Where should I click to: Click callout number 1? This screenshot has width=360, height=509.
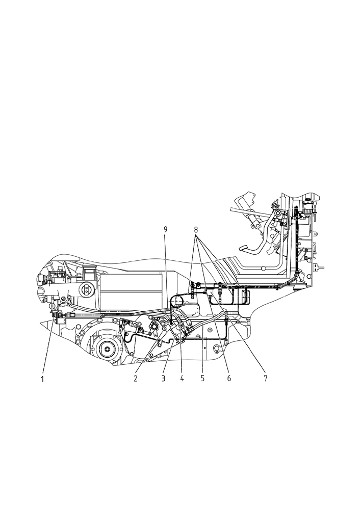coord(42,379)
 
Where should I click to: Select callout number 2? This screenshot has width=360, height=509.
coord(136,379)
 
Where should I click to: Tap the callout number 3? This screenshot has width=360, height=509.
coord(163,379)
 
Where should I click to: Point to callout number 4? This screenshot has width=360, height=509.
coord(182,379)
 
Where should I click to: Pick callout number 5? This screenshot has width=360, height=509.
coord(202,379)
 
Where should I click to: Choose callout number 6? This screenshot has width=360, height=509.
coord(229,379)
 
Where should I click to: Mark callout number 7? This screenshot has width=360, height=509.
coord(265,379)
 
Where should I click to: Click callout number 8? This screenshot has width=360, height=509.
coord(196,229)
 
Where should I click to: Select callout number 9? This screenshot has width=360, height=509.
coord(165,229)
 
